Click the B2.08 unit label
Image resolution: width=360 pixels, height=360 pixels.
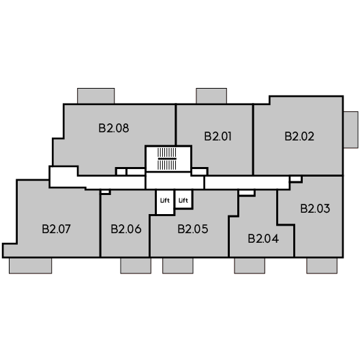tap(114, 128)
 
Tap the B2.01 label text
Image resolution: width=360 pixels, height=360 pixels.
tap(217, 136)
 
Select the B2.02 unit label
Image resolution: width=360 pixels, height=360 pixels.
tap(299, 136)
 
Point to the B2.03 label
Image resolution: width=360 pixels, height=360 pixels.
tap(315, 209)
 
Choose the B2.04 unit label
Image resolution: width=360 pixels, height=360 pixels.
tap(263, 239)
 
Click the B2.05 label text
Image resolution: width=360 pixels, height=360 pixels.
tap(193, 229)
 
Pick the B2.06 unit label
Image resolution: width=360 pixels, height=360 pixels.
tap(126, 229)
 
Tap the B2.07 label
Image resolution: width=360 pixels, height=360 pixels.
tap(56, 229)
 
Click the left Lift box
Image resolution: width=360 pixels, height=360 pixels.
tap(165, 202)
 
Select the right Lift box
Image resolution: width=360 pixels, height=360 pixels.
tap(183, 199)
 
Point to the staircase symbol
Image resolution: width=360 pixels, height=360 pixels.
tap(167, 159)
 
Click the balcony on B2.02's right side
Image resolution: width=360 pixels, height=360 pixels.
tap(351, 130)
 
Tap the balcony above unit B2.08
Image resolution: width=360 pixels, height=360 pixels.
tap(95, 96)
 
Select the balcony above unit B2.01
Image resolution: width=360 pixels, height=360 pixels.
tap(211, 96)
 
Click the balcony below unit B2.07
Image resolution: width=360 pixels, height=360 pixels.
tap(30, 266)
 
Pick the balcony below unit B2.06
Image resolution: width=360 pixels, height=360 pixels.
tap(136, 266)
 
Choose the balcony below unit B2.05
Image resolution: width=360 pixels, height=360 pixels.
tap(178, 266)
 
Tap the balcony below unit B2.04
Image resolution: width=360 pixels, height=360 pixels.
tap(250, 266)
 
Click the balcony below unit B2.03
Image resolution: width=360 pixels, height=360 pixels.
tap(322, 266)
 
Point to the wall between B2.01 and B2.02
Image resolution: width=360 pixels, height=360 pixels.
tap(253, 140)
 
